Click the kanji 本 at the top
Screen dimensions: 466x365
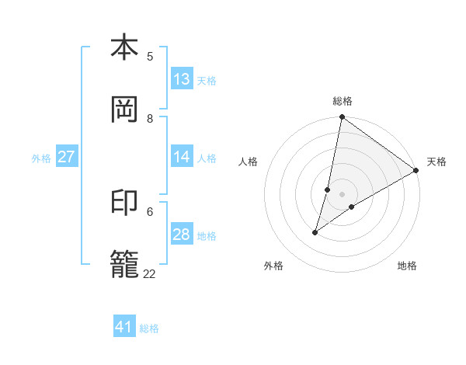(x=124, y=48)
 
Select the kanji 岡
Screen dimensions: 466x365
(x=124, y=109)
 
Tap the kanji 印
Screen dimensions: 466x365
(x=124, y=203)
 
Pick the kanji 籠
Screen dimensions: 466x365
(x=124, y=264)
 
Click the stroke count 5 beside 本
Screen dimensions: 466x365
(x=150, y=56)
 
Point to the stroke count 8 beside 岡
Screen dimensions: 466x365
(x=150, y=118)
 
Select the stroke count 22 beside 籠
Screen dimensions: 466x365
(x=150, y=273)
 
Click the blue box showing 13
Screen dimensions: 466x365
(x=182, y=79)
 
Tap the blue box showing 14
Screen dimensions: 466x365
(x=182, y=157)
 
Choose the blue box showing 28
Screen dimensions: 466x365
(x=182, y=235)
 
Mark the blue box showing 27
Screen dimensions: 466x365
(x=67, y=157)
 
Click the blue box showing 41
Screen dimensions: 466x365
(x=124, y=327)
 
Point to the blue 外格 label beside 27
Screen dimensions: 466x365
(x=41, y=158)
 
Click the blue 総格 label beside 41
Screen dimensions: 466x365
(x=149, y=328)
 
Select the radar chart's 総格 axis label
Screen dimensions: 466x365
(x=343, y=101)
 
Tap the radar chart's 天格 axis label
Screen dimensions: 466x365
(x=436, y=162)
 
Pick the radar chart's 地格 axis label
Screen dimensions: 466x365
(x=407, y=266)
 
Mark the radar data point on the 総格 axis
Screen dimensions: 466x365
(x=342, y=118)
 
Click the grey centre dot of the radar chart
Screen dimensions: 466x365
(x=343, y=194)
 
